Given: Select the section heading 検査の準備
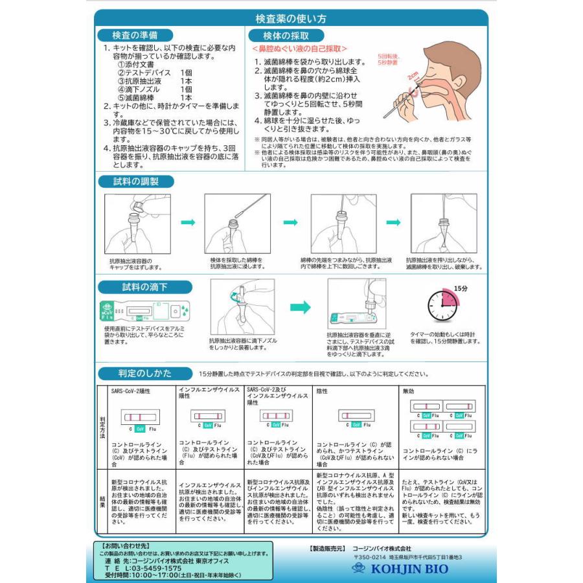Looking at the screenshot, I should point(134,35).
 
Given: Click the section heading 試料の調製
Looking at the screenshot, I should point(136,182).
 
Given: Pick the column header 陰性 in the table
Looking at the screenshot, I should point(323,391).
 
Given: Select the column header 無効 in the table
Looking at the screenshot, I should point(408,391).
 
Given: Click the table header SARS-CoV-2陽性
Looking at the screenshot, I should point(132,391).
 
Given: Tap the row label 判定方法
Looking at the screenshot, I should point(102,428).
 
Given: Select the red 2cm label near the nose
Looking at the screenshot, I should point(412,76).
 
